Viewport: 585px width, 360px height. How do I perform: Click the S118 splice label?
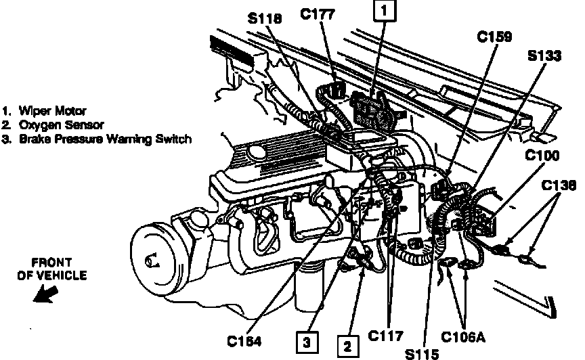[265, 18]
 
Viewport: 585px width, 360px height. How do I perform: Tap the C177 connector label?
[318, 14]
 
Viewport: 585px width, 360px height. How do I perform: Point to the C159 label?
[495, 37]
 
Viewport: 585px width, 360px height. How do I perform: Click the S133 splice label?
[544, 55]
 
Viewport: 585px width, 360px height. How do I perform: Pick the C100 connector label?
[542, 155]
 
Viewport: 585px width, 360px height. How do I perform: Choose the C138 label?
[559, 185]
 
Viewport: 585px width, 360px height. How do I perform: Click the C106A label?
[463, 337]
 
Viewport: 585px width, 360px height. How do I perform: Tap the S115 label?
[422, 354]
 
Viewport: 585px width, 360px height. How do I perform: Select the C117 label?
[385, 336]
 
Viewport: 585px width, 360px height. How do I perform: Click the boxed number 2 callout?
[348, 346]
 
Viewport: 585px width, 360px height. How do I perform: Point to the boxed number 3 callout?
[307, 342]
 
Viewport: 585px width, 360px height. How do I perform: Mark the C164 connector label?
[244, 341]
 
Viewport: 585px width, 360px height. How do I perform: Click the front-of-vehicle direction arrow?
[45, 294]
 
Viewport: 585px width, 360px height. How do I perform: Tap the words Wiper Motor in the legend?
[53, 111]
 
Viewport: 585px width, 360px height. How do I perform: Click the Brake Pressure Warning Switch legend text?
[105, 139]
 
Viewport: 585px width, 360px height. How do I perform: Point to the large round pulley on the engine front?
[154, 260]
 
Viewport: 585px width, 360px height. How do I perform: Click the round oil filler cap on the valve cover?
[257, 152]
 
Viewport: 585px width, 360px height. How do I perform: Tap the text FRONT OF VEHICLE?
[52, 269]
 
